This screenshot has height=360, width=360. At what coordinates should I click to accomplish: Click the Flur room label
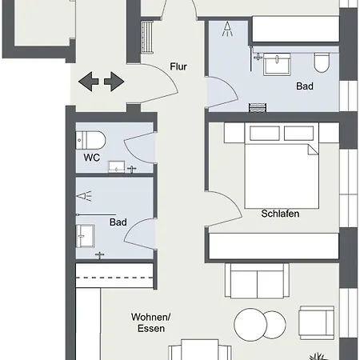(178, 66)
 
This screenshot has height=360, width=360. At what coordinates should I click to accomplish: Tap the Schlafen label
(280, 214)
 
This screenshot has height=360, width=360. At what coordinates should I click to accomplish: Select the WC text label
(92, 158)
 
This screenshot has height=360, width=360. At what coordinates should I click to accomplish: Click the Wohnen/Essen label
(151, 322)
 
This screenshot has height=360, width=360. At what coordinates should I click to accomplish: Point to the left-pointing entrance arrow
(89, 82)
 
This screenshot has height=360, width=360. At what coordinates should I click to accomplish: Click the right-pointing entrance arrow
(114, 82)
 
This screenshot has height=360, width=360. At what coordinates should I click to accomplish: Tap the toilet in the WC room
(90, 140)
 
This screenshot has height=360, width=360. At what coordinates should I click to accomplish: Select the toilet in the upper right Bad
(322, 62)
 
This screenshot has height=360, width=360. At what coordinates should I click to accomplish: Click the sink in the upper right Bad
(277, 64)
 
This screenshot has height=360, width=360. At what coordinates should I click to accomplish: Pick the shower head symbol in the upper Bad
(227, 29)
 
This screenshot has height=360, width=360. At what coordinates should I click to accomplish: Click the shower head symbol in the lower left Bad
(84, 196)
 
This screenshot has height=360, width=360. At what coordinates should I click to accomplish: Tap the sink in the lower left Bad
(86, 236)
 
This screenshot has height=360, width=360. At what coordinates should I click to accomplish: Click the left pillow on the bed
(265, 133)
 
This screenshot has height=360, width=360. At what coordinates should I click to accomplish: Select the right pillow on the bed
(298, 133)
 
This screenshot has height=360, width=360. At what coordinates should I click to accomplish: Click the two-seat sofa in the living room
(257, 281)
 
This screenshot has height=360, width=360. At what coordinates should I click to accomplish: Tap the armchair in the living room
(317, 323)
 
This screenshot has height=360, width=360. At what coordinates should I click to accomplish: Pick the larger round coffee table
(250, 325)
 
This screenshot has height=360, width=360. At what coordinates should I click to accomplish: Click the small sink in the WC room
(116, 166)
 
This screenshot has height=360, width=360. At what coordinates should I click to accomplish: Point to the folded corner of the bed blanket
(313, 150)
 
